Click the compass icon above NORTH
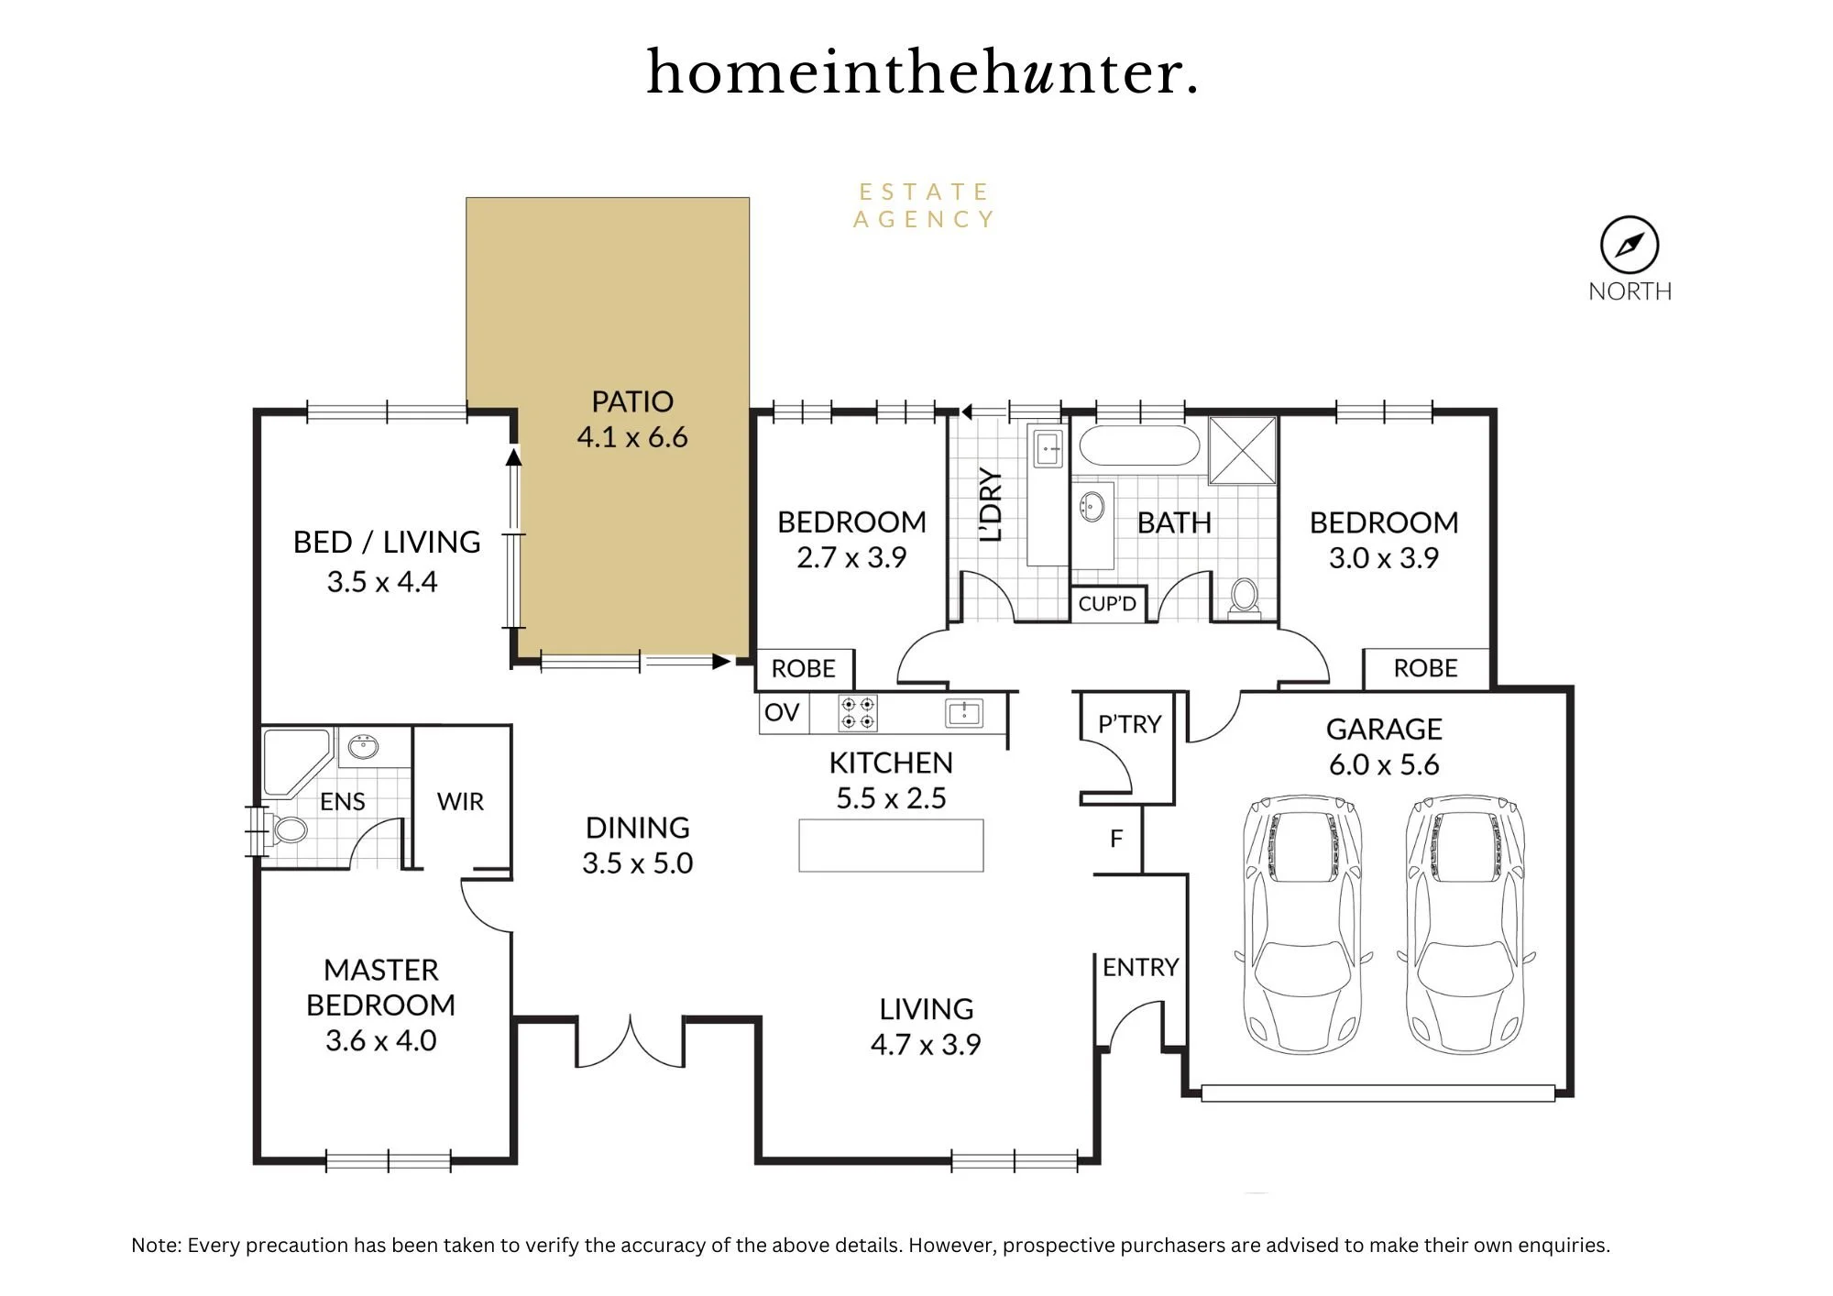(1630, 245)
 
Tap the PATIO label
(632, 401)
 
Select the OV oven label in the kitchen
(782, 712)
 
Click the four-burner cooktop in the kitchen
(858, 713)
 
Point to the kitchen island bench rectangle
(891, 845)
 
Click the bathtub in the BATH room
(1139, 446)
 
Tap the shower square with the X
(1243, 450)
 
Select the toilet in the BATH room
(1244, 596)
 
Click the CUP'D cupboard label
(1107, 604)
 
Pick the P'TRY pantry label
(1129, 724)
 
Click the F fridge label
(1116, 839)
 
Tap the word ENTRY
(1140, 967)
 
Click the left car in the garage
(1302, 924)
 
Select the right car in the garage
(1465, 924)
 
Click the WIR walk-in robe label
(460, 802)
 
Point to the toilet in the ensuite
(286, 829)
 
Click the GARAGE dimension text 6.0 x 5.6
(1384, 764)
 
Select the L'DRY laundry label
(991, 504)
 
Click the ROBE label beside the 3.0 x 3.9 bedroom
(1425, 668)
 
